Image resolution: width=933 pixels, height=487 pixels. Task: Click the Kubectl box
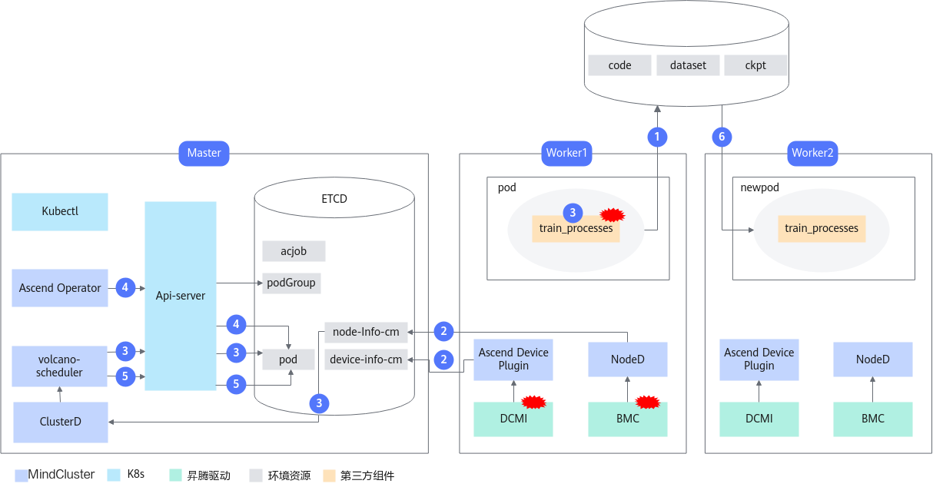tap(60, 211)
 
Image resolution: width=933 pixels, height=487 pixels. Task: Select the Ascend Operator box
tap(60, 287)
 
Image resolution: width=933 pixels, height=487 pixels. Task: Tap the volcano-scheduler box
tap(59, 366)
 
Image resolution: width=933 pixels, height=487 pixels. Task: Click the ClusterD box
tap(61, 422)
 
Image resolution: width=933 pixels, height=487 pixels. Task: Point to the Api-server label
tap(181, 296)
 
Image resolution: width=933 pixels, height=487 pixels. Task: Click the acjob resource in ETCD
tap(294, 251)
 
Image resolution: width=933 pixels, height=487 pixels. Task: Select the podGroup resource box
tap(291, 283)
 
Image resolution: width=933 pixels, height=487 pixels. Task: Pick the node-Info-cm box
tap(366, 332)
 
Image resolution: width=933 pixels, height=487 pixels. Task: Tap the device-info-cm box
tap(366, 359)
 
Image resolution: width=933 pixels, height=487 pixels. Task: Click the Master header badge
tap(204, 153)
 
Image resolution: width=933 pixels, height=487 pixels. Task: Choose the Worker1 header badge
tap(566, 153)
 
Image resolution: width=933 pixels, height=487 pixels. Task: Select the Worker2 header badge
tap(812, 153)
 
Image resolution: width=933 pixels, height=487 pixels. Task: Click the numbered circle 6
tap(722, 137)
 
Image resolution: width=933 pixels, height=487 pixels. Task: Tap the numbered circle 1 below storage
tap(657, 137)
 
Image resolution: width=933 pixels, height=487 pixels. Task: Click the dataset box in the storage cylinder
tap(688, 65)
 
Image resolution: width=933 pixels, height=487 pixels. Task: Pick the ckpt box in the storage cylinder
tap(755, 65)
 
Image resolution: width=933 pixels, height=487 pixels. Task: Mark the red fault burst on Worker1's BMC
tap(648, 402)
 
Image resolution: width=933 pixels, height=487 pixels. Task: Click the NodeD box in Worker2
tap(872, 359)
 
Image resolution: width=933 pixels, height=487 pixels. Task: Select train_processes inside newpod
tap(822, 228)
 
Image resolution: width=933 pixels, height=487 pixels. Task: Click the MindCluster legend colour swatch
tap(22, 475)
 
